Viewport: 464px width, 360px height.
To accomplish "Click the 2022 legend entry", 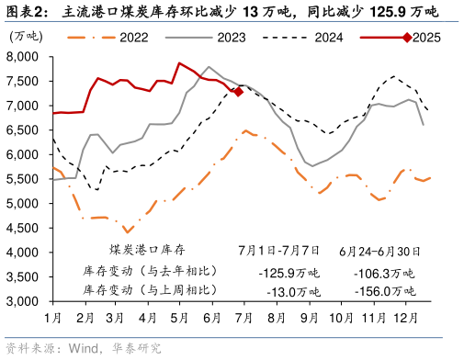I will pos(134,37).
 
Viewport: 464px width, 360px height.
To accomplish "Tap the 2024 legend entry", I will pos(328,37).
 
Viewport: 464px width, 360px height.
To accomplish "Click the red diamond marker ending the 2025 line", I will pos(238,92).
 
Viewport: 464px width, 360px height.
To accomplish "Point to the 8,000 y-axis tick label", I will pos(21,57).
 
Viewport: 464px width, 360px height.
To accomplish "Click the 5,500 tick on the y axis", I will pos(21,179).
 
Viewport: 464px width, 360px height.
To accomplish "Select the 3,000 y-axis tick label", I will pos(21,301).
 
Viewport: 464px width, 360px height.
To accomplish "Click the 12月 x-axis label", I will pos(402,318).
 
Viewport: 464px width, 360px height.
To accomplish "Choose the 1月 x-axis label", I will pos(53,318).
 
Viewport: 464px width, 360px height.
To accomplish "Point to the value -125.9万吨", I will pos(289,273).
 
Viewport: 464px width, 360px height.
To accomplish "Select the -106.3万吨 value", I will pos(383,273).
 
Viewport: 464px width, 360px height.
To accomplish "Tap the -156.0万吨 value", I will pos(383,291).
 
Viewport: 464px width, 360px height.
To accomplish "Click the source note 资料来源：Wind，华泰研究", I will pos(84,347).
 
